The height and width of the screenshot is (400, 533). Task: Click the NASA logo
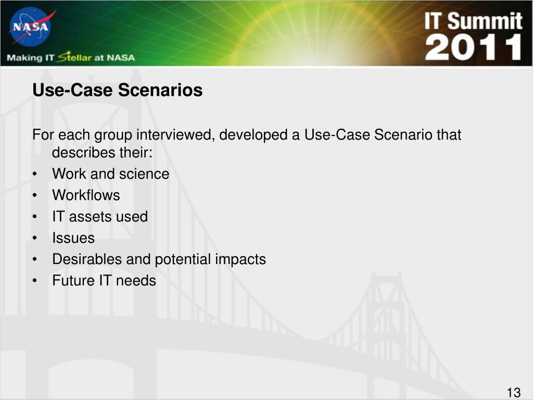point(31,27)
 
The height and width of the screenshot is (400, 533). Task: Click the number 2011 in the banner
point(473,47)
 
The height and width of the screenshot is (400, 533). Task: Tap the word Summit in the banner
point(485,21)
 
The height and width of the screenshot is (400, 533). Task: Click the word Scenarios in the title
point(160,90)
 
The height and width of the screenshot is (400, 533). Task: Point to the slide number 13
point(514,392)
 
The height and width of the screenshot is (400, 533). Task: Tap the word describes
point(79,153)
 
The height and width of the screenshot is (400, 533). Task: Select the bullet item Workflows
point(86,195)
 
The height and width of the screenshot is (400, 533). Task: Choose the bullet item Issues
point(73,238)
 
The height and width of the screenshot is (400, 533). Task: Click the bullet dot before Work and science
point(35,174)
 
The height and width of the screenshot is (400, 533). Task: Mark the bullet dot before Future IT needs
point(35,281)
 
